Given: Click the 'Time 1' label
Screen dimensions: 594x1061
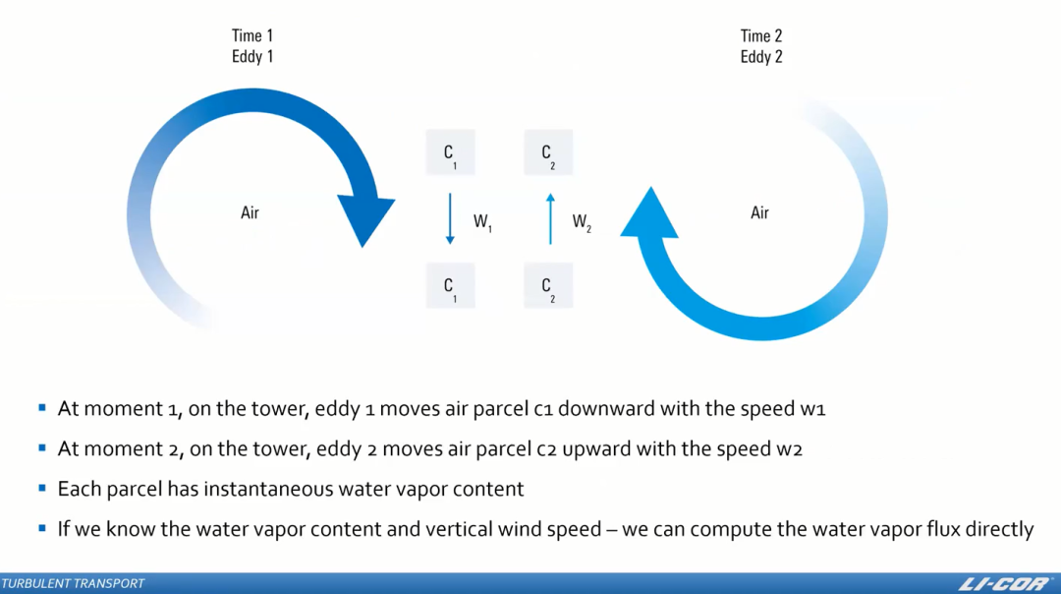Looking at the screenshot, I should pos(252,36).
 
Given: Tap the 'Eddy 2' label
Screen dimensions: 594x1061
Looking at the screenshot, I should pos(761,57).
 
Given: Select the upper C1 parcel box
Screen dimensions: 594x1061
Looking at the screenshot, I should pos(450,153).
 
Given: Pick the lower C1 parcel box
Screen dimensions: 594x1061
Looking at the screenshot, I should pos(450,286).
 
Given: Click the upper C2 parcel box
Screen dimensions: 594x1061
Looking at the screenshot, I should pos(548,153).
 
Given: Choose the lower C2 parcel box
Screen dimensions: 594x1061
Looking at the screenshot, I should pos(548,286).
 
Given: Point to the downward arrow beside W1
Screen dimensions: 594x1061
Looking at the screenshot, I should pos(450,218).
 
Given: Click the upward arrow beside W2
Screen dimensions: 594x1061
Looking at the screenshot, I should pos(550,218).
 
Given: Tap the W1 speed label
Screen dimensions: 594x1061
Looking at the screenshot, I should pos(482,222).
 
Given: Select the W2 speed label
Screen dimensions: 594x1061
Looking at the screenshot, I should pos(582,222).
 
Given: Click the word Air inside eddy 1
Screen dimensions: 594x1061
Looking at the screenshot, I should pos(251,212).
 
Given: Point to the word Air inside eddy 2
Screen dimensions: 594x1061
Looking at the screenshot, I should pos(759,212).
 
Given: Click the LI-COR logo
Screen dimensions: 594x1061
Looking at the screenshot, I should pos(1003,583).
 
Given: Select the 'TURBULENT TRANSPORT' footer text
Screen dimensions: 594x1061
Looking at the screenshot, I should pos(73,584).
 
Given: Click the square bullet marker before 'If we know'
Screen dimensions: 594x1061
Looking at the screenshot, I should pos(42,528).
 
